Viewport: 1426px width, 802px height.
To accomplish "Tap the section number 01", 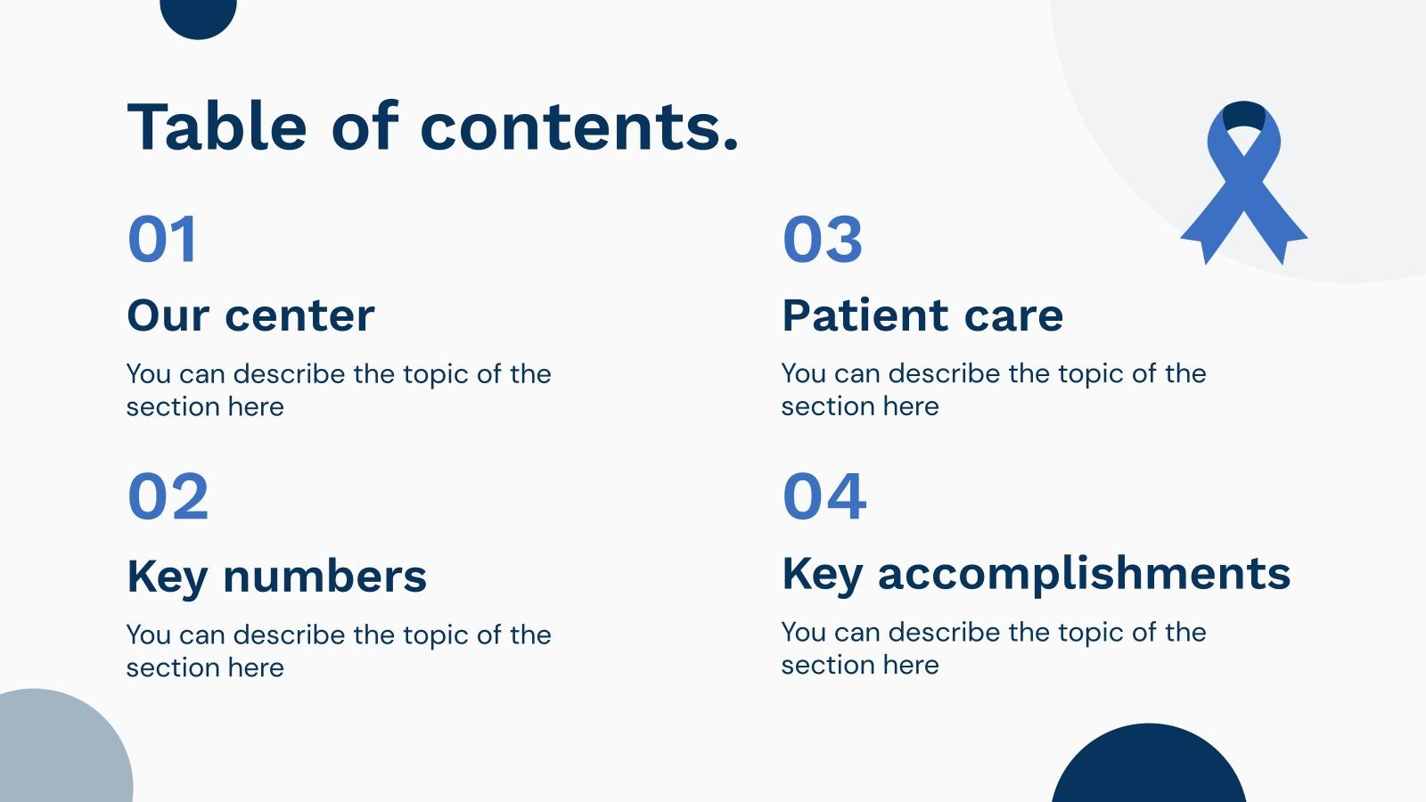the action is [162, 239].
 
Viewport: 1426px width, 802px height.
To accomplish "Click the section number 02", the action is [168, 495].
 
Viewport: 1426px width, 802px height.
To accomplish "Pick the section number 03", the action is [823, 239].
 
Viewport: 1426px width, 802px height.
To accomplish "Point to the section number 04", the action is [824, 495].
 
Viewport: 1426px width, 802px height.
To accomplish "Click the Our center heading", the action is [250, 315].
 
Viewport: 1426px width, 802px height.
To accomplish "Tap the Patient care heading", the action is [922, 315].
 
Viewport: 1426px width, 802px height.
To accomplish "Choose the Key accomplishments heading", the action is [1037, 575].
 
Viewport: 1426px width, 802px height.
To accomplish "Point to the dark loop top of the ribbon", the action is [1244, 113].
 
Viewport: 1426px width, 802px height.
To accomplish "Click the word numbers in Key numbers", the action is [324, 576].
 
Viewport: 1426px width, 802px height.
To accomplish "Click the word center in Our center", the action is [299, 317].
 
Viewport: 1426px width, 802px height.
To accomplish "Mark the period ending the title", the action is [731, 143].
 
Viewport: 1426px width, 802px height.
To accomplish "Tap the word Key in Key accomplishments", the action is [823, 576].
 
